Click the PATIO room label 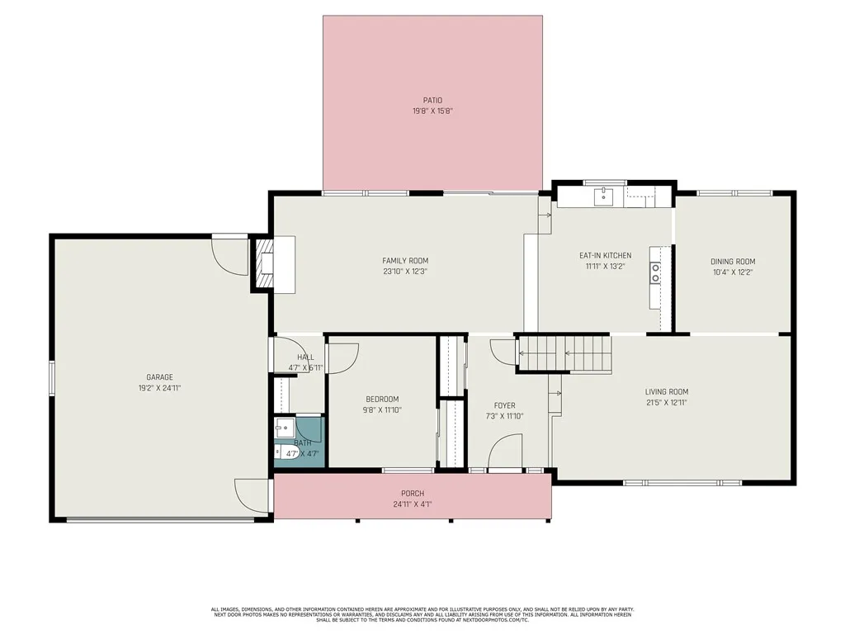(x=432, y=101)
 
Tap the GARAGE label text (x=160, y=377)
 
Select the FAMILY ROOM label (x=404, y=261)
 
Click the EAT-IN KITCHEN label (x=605, y=256)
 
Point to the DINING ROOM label (x=733, y=262)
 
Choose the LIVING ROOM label (x=666, y=392)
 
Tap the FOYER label (x=504, y=405)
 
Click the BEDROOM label (x=382, y=399)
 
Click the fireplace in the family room (x=264, y=264)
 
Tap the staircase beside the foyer (x=564, y=352)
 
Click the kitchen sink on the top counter (x=605, y=195)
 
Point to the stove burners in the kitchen (x=655, y=272)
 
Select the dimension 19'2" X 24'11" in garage (x=160, y=388)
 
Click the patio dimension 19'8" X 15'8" (x=432, y=111)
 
